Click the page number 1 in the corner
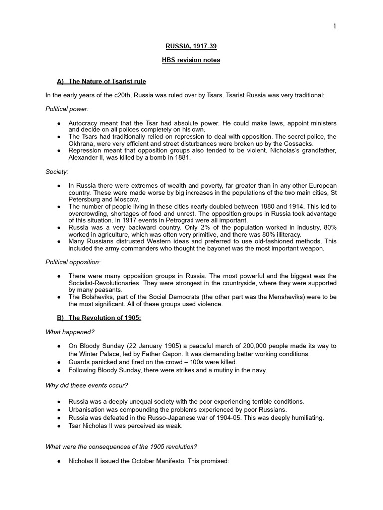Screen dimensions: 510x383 pos(335,26)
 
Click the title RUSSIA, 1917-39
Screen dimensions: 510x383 pos(191,47)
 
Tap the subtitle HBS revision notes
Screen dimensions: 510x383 pos(191,60)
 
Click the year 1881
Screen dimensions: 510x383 pos(180,157)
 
